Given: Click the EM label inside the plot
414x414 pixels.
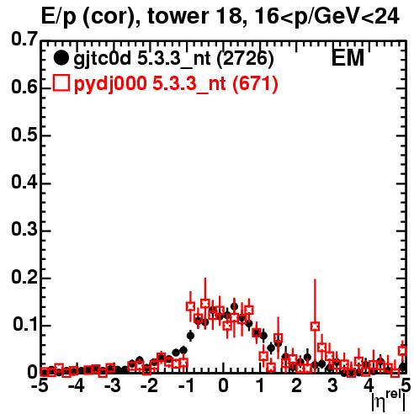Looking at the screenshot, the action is [x=348, y=58].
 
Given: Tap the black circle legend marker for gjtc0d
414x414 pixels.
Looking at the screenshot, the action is [x=61, y=58].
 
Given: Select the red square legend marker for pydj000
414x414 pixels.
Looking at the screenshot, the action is [x=61, y=83].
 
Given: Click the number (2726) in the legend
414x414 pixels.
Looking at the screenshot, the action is [x=245, y=59].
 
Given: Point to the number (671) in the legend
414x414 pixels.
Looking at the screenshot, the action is [x=255, y=83].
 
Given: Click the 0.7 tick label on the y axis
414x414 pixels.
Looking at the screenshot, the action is [x=24, y=40].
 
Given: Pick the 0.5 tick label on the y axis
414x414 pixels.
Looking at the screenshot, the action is [x=24, y=135].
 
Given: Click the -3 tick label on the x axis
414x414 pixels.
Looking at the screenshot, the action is [x=113, y=386].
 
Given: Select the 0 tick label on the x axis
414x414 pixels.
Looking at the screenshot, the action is [x=223, y=386].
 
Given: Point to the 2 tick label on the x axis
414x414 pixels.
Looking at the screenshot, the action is [x=296, y=386].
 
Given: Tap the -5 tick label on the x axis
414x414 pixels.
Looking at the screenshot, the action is [x=40, y=386].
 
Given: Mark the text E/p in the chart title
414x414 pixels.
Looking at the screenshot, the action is [x=59, y=18].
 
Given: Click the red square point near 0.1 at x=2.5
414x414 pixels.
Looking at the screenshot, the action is [x=315, y=326].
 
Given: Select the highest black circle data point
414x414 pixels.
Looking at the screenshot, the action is [x=234, y=306].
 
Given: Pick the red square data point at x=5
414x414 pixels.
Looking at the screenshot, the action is [x=403, y=351].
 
